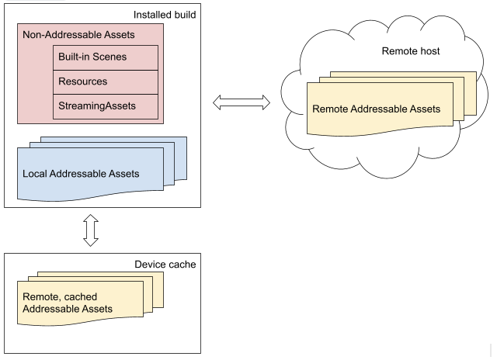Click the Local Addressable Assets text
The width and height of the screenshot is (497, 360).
82,173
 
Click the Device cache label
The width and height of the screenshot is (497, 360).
165,265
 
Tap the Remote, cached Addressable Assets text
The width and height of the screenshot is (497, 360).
68,303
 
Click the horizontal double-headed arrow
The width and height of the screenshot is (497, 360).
240,102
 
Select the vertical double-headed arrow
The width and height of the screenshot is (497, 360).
91,230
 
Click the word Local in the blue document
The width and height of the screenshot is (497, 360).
36,173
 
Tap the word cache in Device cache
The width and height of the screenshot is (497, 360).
182,265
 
